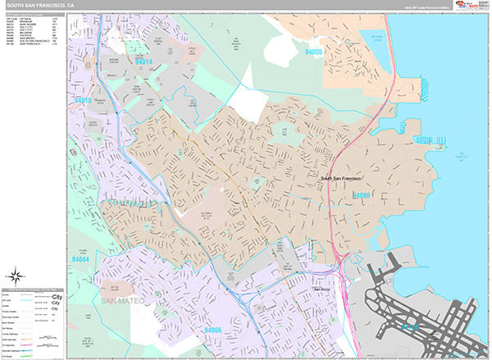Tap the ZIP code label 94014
click(x=144, y=62)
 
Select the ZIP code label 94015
click(x=83, y=100)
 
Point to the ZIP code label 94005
click(x=312, y=52)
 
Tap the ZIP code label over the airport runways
click(x=408, y=326)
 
